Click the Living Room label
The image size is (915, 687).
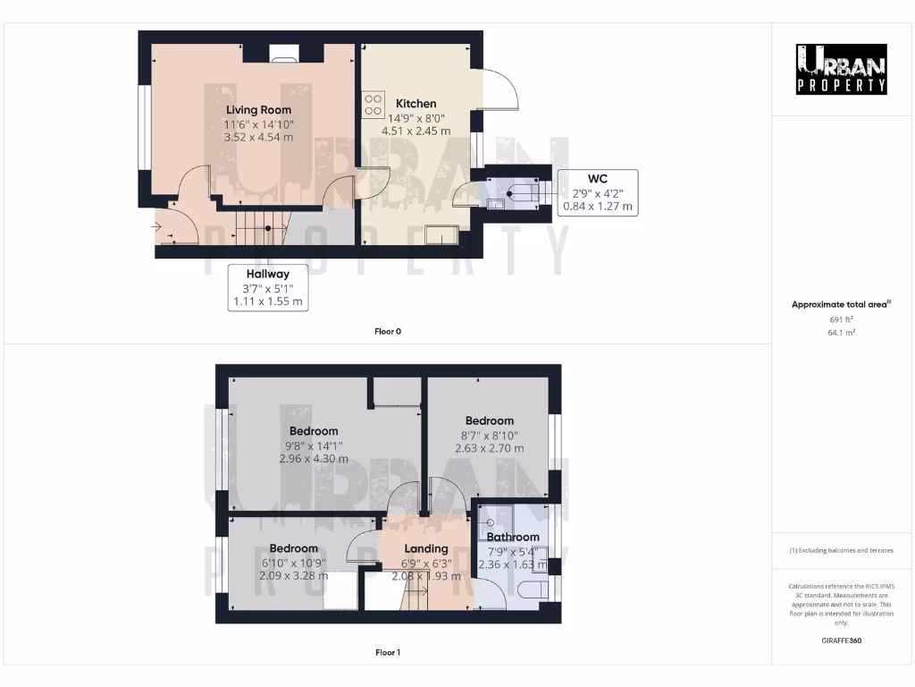[x=258, y=110]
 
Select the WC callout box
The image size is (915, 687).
[x=597, y=192]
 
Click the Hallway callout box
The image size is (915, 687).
[x=269, y=287]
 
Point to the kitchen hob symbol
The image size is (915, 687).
[x=373, y=105]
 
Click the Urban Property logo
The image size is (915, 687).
[x=842, y=69]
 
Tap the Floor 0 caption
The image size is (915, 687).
[x=388, y=332]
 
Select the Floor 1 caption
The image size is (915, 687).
[x=388, y=653]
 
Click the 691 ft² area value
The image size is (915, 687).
[x=841, y=319]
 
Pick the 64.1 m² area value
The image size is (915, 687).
[x=841, y=332]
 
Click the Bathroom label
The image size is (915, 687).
[x=513, y=537]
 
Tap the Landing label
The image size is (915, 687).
[x=426, y=548]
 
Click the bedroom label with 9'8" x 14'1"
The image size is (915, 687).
[x=313, y=431]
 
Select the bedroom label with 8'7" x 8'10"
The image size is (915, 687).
[x=489, y=420]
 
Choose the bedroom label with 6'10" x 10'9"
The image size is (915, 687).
[x=293, y=548]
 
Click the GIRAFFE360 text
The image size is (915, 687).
[x=841, y=640]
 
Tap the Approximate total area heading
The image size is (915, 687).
[x=841, y=305]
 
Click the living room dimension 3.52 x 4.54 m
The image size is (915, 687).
[x=258, y=138]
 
